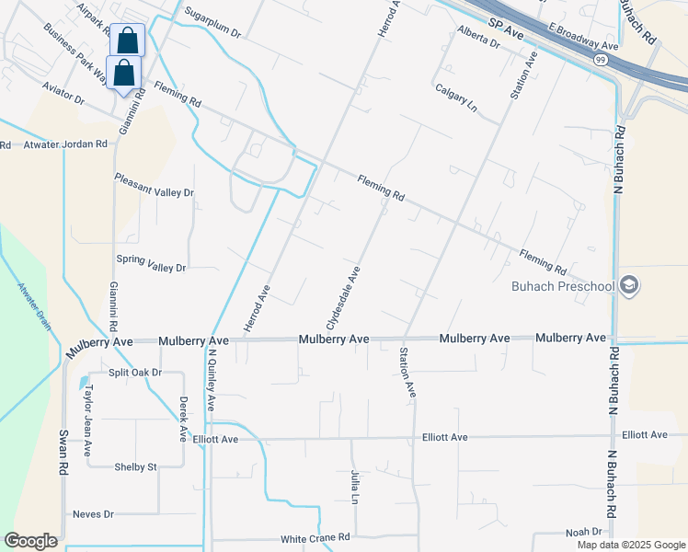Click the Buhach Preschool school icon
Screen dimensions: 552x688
629,285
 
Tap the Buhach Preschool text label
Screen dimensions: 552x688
562,286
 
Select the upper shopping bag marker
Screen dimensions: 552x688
127,41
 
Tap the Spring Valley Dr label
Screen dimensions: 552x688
150,268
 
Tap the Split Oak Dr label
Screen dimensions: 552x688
135,373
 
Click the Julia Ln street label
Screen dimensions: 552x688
355,487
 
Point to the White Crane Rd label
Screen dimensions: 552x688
315,537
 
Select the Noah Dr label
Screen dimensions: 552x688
583,532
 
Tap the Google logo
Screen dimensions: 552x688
30,541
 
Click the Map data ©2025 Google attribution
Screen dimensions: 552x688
630,545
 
